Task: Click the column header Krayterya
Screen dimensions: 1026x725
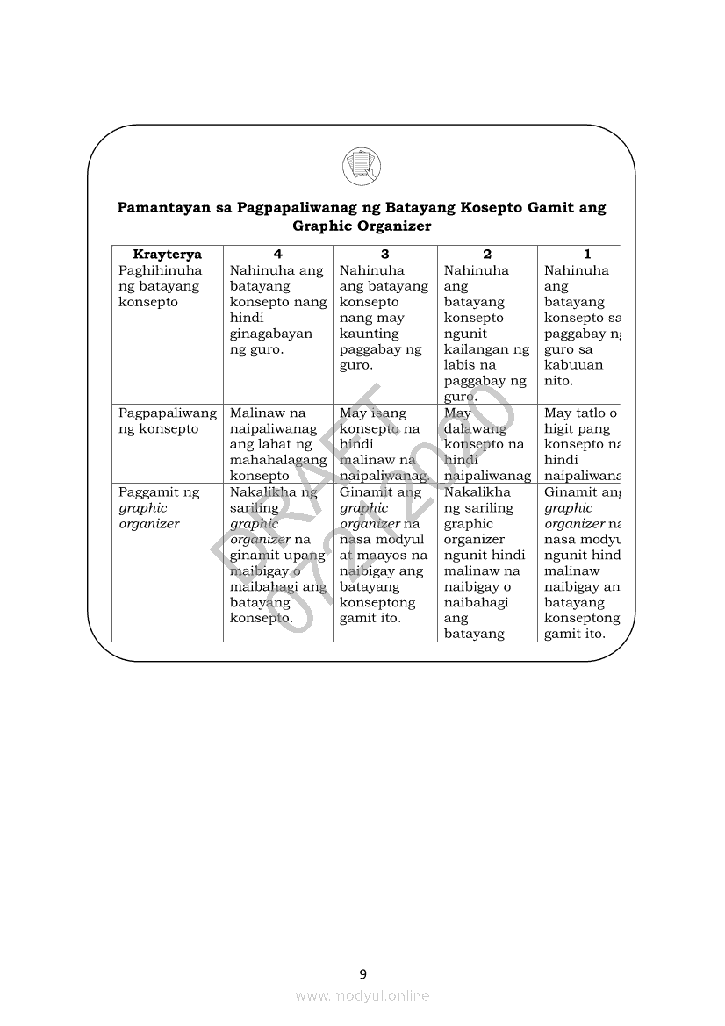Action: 167,255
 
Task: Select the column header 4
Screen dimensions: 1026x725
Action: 277,255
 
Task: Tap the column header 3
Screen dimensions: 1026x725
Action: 384,255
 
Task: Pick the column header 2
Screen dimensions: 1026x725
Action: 487,255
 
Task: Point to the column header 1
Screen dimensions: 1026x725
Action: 587,255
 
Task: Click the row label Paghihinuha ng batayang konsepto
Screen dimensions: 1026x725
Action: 160,286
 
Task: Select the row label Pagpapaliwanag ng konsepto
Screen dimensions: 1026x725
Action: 167,420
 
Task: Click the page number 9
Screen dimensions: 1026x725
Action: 362,972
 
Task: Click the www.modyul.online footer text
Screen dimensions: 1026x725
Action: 362,995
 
